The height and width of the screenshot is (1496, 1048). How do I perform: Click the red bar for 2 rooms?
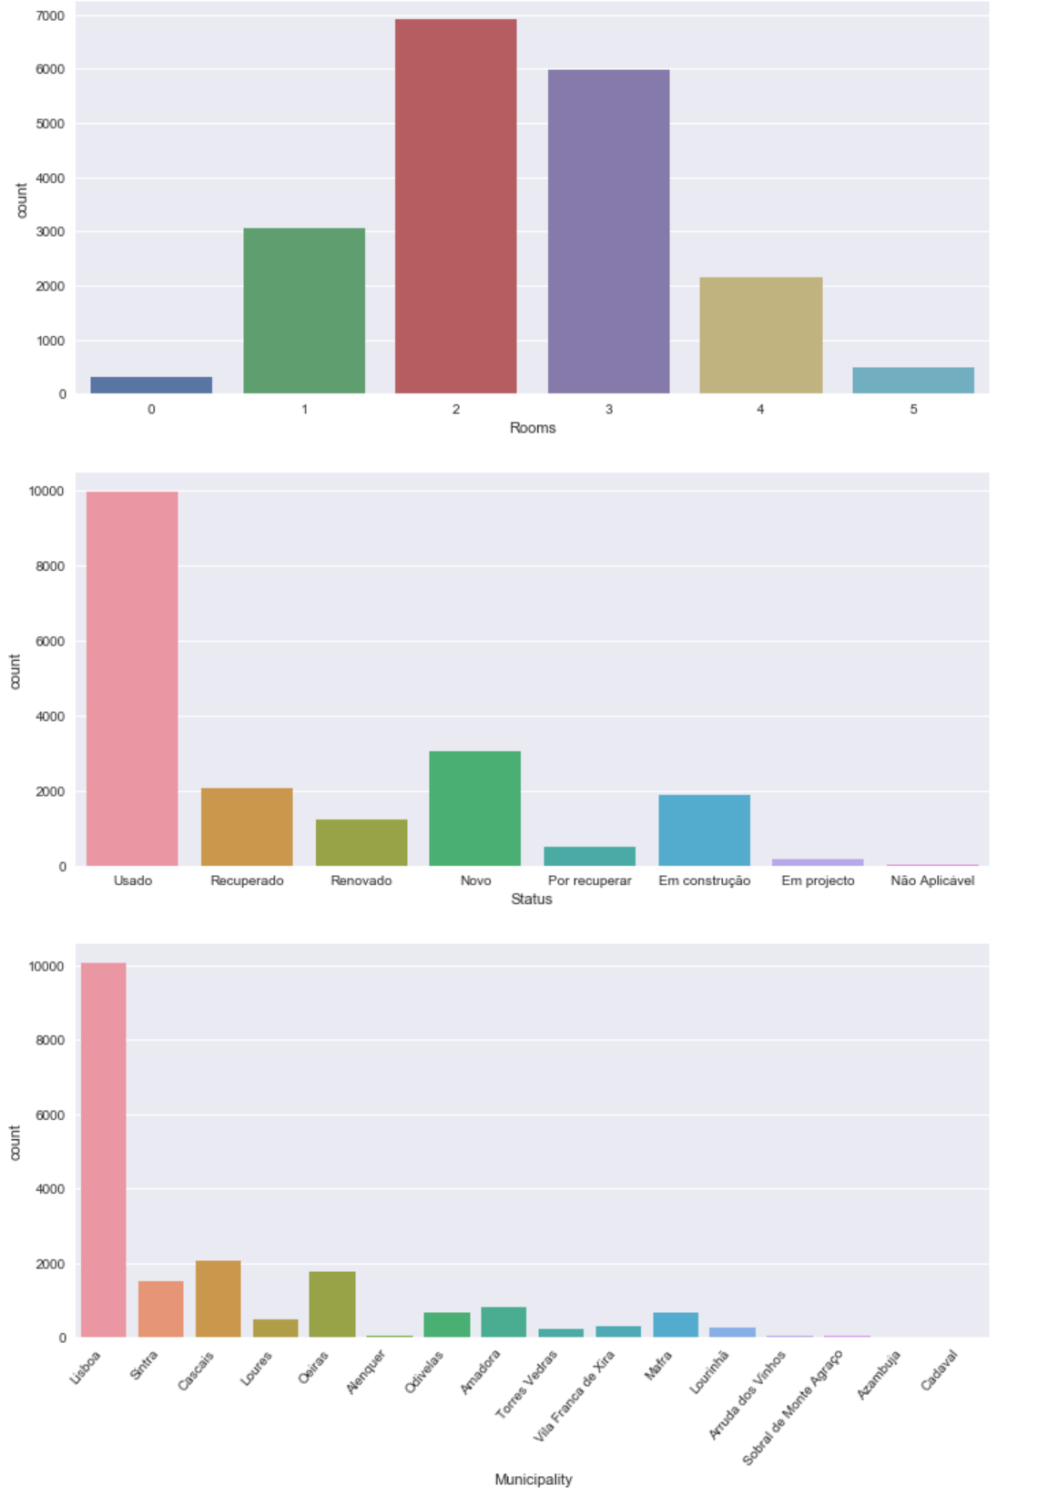[455, 207]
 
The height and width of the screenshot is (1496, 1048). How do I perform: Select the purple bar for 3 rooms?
[608, 231]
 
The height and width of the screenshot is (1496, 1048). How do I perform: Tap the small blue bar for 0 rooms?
[151, 385]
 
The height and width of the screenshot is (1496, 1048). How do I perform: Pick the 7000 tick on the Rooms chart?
[50, 16]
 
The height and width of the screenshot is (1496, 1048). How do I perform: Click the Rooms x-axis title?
[533, 428]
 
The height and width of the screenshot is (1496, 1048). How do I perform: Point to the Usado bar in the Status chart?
[132, 678]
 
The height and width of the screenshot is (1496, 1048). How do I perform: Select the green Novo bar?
[475, 809]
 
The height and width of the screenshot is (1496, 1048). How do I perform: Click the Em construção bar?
[704, 830]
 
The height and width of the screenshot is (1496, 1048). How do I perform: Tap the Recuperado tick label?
[247, 880]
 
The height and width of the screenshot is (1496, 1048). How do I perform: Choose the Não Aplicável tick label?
[932, 880]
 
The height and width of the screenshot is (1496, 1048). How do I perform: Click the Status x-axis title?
[532, 900]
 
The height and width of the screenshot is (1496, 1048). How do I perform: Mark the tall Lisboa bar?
[104, 1149]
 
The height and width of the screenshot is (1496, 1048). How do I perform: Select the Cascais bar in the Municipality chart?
[219, 1299]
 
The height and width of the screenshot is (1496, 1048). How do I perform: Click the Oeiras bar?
[332, 1304]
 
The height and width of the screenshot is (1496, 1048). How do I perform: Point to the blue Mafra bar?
[676, 1325]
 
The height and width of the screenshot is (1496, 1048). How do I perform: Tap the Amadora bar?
[504, 1322]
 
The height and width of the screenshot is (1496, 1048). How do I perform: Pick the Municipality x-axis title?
[534, 1480]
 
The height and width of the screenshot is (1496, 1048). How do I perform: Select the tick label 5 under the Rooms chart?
[913, 410]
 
